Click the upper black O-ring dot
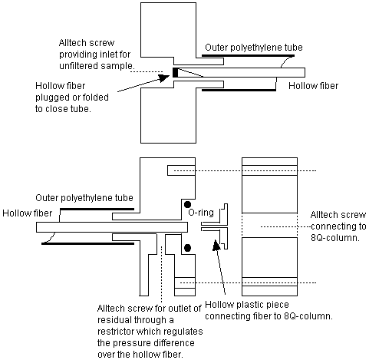coord(187,204)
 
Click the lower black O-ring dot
coord(187,248)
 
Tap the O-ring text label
coord(201,213)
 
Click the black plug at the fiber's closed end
coord(175,72)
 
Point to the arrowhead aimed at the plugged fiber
coord(164,78)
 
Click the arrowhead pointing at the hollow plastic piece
coord(216,245)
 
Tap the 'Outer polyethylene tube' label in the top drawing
coord(254,48)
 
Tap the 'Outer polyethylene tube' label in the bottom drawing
coord(84,198)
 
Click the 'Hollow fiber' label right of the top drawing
coord(313,86)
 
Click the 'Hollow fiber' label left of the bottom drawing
coord(28,213)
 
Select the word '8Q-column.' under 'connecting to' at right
coord(335,238)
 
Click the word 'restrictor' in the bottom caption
coord(116,332)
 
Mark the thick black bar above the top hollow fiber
coord(248,55)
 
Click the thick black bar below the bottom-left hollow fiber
coord(87,243)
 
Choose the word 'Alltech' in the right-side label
coord(321,215)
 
